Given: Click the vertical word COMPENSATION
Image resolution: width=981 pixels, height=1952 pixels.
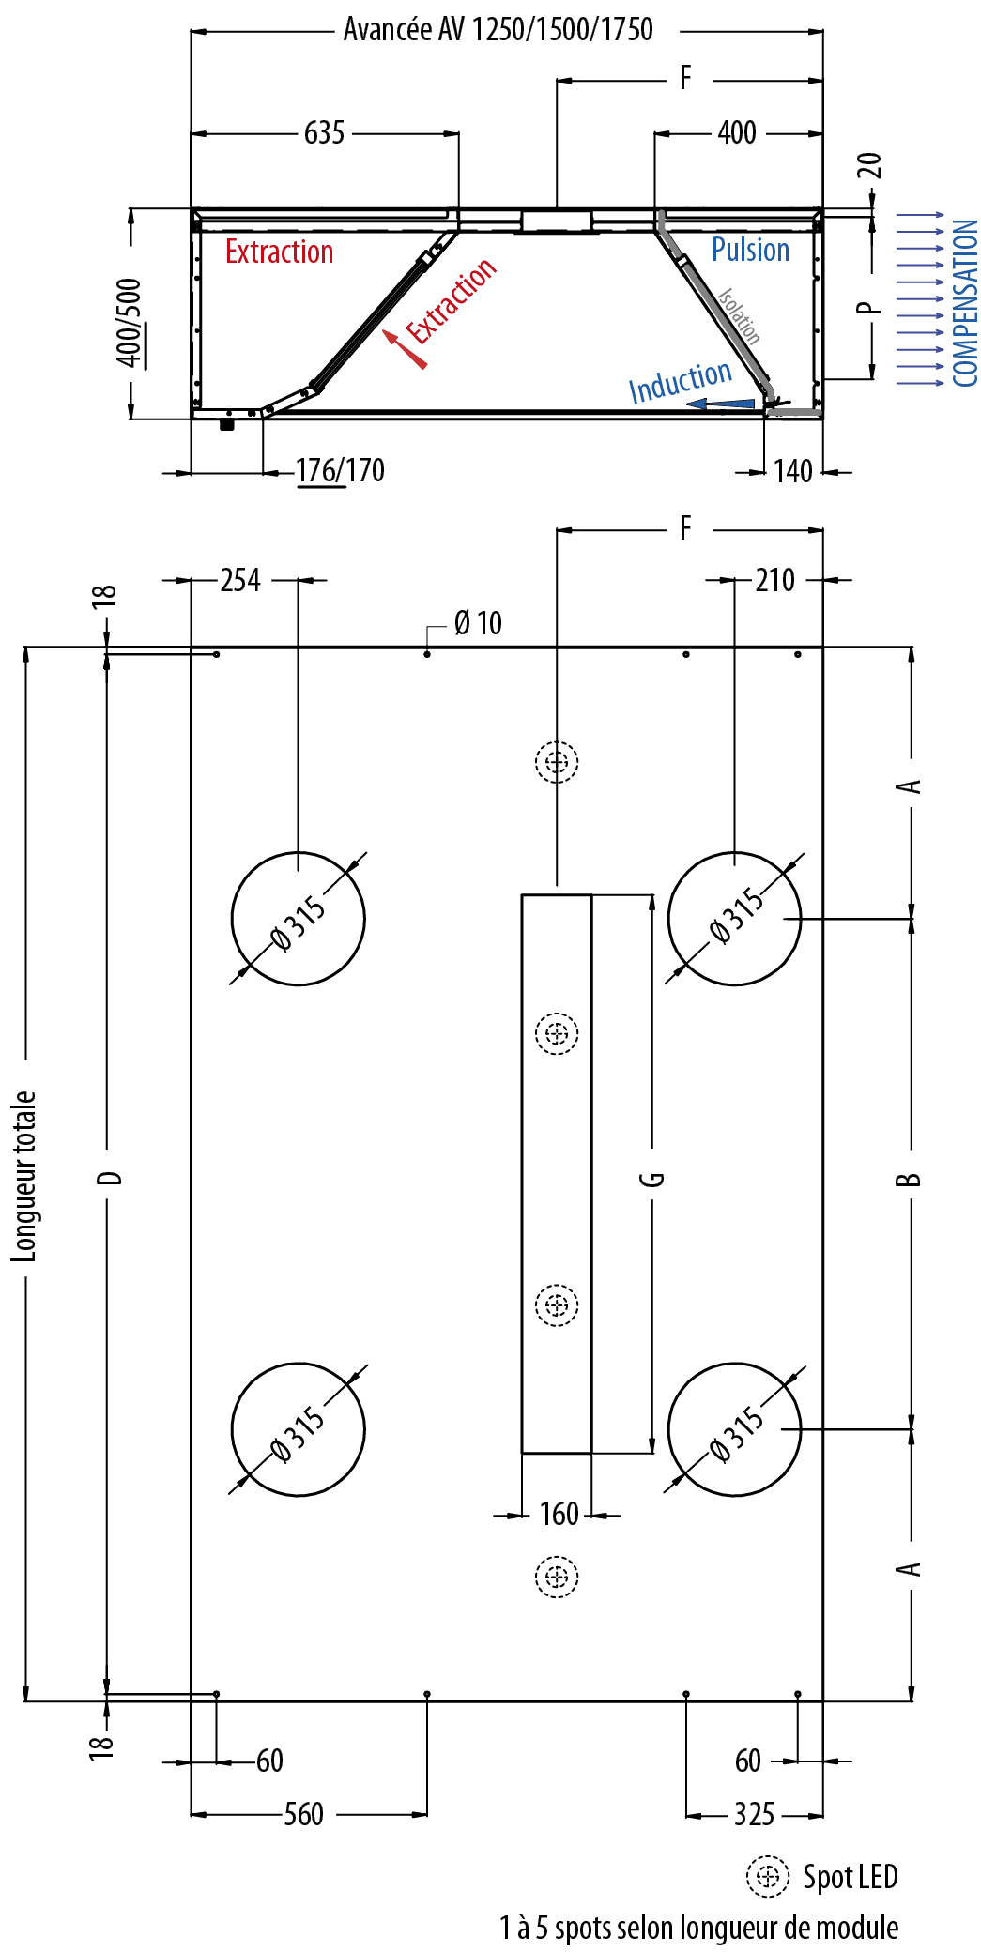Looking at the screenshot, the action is click(x=965, y=303).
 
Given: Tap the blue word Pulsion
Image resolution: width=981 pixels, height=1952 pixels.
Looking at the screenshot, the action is click(x=750, y=250).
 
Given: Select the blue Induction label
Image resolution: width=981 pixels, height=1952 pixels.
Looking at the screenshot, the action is click(x=680, y=381).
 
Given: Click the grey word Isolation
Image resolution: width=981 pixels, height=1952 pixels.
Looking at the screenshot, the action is click(x=739, y=315).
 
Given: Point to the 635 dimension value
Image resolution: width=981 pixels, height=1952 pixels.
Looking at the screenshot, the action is click(x=324, y=133).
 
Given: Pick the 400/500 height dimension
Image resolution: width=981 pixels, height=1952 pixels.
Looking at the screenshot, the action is click(x=129, y=322).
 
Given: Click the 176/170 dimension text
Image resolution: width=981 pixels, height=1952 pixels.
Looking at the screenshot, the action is click(x=340, y=470).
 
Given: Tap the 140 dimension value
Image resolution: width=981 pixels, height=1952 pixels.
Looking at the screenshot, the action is click(x=792, y=471).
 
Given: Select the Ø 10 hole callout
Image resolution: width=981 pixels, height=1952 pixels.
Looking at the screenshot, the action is click(x=478, y=623).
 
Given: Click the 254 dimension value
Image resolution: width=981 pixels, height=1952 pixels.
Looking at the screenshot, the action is click(x=240, y=580).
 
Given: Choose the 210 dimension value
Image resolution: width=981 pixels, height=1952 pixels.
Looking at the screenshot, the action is click(x=774, y=580).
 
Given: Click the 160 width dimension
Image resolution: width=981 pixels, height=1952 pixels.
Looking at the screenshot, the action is click(x=559, y=1514).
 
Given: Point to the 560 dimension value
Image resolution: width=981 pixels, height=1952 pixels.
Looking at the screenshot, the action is click(x=304, y=1814).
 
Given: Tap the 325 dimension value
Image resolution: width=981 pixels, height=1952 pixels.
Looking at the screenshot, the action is click(x=754, y=1814).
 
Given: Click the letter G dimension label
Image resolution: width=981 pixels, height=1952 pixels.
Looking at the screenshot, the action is click(x=652, y=1179).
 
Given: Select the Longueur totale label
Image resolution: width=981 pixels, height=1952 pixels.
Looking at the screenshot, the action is click(x=23, y=1176).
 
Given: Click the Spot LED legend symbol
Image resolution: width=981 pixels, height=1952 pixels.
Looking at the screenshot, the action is click(x=768, y=1876).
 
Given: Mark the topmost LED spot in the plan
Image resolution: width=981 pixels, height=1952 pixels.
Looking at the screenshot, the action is click(x=557, y=761).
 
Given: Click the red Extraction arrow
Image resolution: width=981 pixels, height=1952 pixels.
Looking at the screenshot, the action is click(x=405, y=348).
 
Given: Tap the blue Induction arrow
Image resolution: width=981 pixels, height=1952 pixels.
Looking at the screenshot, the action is click(x=720, y=404).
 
